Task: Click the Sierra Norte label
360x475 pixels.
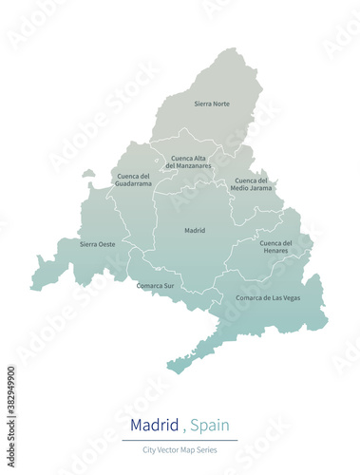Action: (212, 104)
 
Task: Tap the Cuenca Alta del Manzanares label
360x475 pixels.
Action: (188, 162)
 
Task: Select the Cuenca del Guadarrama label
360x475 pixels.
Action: (134, 180)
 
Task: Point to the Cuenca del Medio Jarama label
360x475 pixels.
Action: (252, 184)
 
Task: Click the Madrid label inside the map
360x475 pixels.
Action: (195, 230)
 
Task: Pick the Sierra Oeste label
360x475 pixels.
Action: (98, 244)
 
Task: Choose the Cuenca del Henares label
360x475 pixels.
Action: (276, 246)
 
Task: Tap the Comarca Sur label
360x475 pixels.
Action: (155, 285)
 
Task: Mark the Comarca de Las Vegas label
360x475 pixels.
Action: (268, 297)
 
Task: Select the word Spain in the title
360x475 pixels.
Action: (209, 424)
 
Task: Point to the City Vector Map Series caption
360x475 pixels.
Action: (180, 448)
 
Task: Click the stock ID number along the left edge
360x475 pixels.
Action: (11, 400)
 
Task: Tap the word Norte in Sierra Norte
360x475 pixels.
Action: (220, 104)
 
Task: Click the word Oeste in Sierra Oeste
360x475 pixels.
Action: (106, 244)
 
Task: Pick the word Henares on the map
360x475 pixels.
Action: (276, 251)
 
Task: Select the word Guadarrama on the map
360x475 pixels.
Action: (134, 183)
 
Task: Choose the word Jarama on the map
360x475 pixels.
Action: (259, 188)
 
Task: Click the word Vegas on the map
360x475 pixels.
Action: (290, 297)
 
